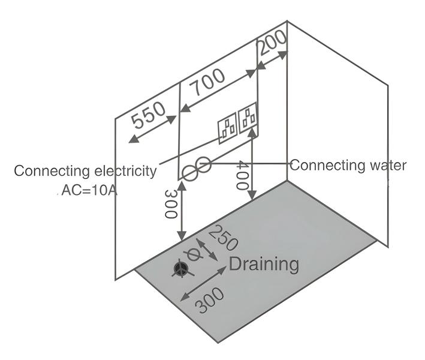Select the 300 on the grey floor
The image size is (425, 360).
(210, 300)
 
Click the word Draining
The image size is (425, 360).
(264, 263)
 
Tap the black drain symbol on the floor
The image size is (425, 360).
(179, 269)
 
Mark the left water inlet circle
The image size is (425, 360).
(189, 173)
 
